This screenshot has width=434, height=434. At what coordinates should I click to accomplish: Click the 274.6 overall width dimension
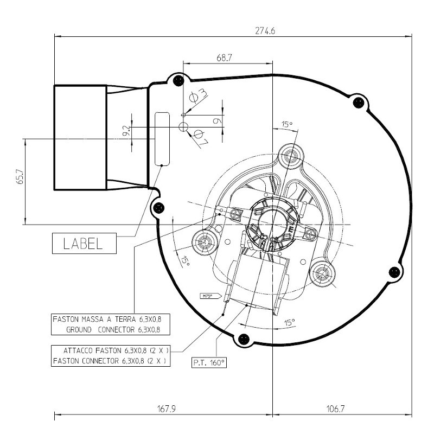[x=265, y=31]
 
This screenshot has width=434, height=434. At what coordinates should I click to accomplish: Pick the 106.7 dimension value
[x=335, y=409]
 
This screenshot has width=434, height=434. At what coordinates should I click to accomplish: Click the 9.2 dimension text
[x=126, y=131]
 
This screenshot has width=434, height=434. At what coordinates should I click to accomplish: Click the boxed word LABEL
[x=84, y=244]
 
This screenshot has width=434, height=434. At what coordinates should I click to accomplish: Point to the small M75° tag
[x=207, y=296]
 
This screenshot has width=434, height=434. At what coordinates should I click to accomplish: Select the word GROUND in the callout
[x=84, y=329]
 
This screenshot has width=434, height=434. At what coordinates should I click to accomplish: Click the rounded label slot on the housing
[x=162, y=138]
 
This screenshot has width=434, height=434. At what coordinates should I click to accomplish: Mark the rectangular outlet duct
[x=79, y=138]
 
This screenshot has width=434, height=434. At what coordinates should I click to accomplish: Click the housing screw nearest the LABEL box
[x=159, y=206]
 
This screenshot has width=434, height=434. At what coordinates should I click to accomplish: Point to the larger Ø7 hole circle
[x=183, y=127]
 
